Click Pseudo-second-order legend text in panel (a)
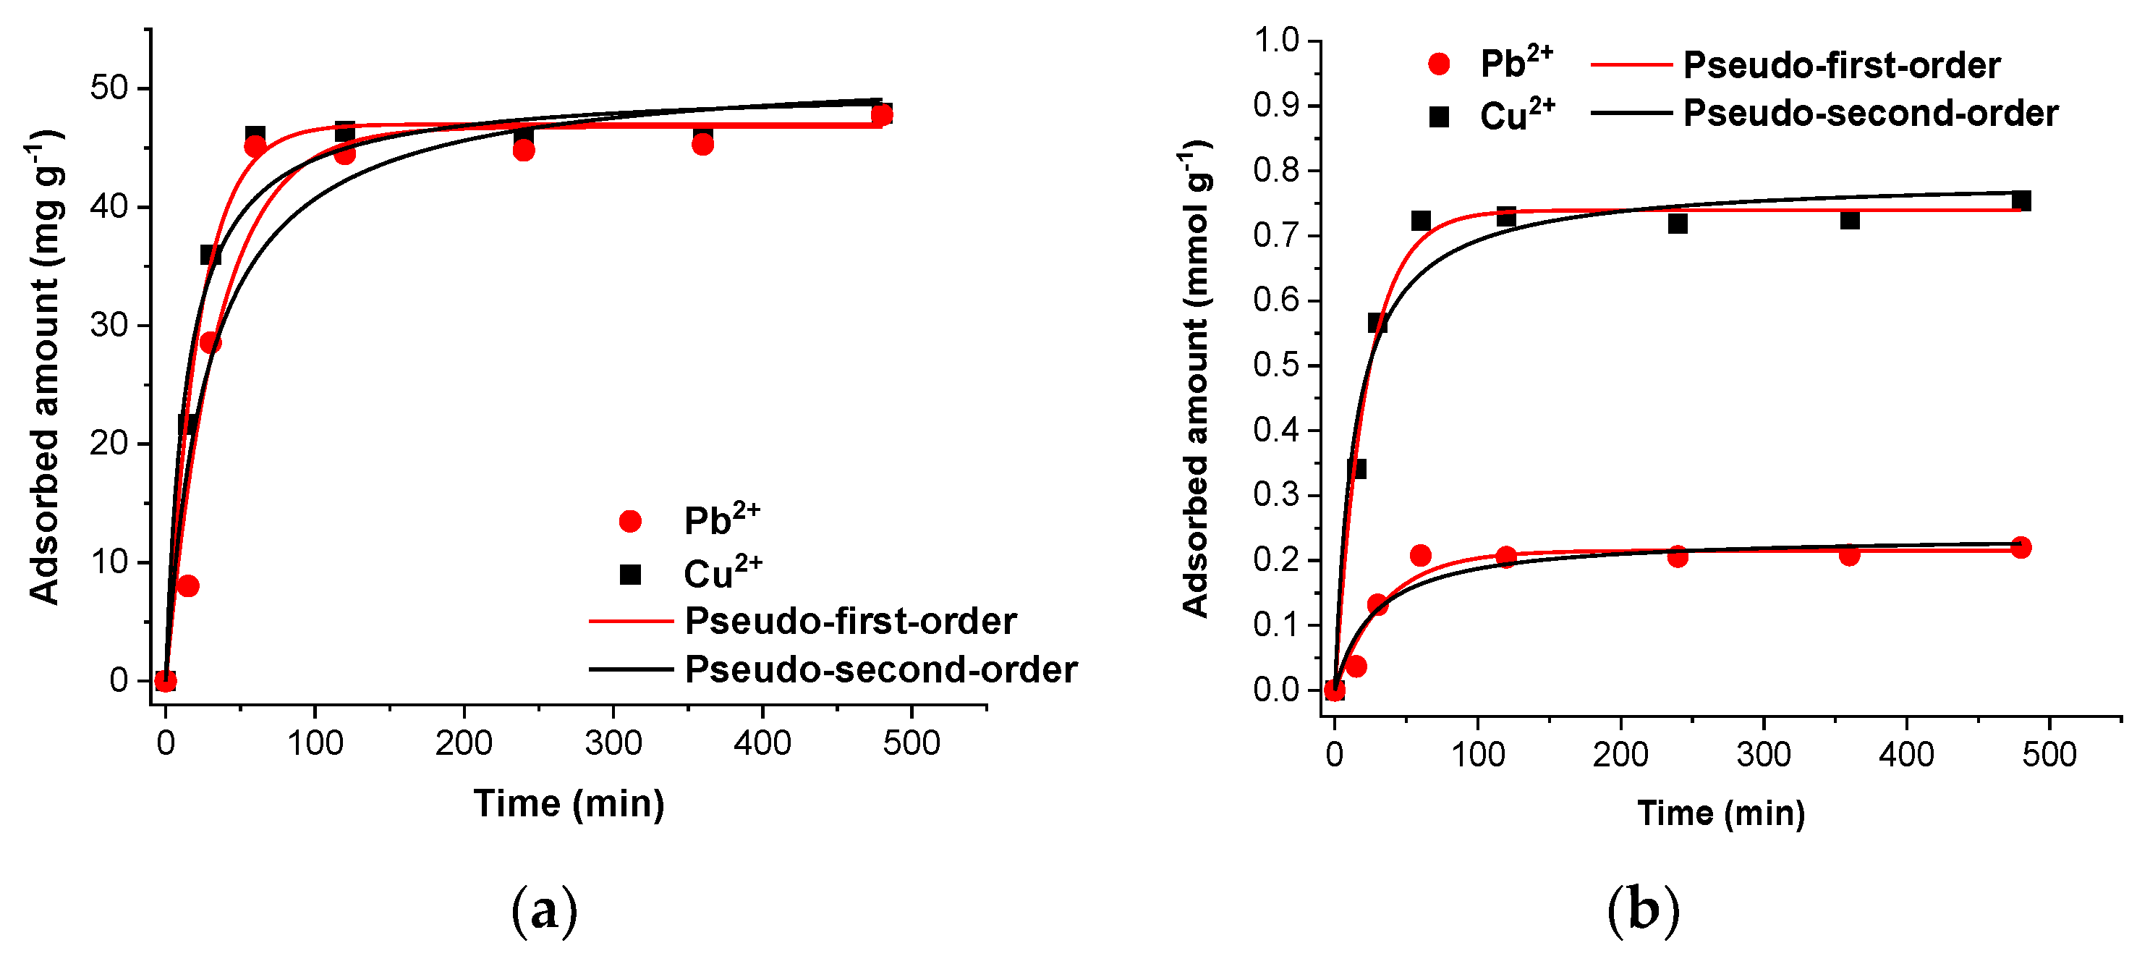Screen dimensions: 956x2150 [x=880, y=669]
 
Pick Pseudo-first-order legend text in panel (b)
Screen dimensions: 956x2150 [x=1841, y=65]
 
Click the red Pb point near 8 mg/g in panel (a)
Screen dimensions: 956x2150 [x=188, y=586]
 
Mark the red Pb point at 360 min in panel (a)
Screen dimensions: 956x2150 [x=702, y=145]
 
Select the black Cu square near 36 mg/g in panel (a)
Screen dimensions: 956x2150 [x=210, y=255]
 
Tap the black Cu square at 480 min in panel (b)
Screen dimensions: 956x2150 [x=2021, y=200]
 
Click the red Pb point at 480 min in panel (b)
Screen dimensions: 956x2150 [x=2021, y=548]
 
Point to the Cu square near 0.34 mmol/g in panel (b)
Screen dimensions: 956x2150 [x=1356, y=468]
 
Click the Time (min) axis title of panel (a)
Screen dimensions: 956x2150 [x=569, y=803]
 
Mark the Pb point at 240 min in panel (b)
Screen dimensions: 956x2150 [x=1678, y=556]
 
